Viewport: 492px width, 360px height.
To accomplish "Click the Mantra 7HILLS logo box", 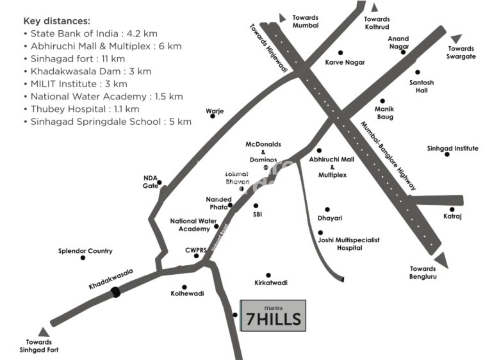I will pos(273,315).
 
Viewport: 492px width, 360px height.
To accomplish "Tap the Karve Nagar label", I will pos(345,62).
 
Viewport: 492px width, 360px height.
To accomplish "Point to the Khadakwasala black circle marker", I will pos(115,292).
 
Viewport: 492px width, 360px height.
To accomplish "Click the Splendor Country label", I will pos(85,251).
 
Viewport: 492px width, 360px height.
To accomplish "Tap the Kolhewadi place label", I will pos(187,293).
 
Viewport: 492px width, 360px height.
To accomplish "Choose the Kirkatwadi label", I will pos(271,282).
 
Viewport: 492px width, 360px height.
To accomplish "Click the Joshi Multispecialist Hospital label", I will pos(348,243).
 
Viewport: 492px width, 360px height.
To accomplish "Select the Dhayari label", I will pos(330,218).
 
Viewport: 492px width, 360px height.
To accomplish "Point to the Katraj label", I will pos(452,217).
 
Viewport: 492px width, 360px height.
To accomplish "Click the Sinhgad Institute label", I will pos(452,149).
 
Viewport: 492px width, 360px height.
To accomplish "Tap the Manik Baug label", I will pos(385,113).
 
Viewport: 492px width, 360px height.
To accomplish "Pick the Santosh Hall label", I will pos(422,86).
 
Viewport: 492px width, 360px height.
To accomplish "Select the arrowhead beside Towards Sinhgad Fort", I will pos(44,332).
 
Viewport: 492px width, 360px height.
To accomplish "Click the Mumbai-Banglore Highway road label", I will pos(388,156).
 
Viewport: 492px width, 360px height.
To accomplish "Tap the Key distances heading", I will pos(57,21).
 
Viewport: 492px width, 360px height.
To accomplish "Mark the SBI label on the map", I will pos(258,214).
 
